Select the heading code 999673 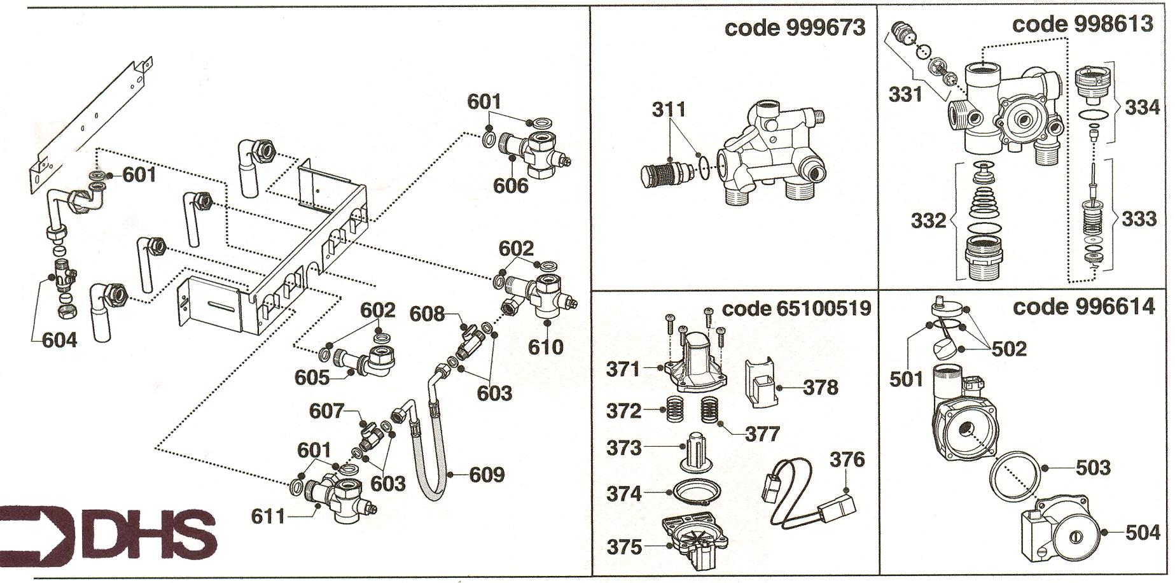[795, 27]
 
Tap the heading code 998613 [1082, 24]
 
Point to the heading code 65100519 [796, 309]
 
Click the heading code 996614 [1083, 307]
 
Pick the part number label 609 [487, 475]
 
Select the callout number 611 [268, 516]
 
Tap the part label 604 [59, 341]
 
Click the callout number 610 [546, 347]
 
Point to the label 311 [669, 109]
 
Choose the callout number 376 [847, 459]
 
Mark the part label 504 [1143, 532]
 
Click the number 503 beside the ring [1093, 468]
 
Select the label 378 [821, 387]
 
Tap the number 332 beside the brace [928, 220]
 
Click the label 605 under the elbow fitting [312, 377]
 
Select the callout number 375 [624, 547]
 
